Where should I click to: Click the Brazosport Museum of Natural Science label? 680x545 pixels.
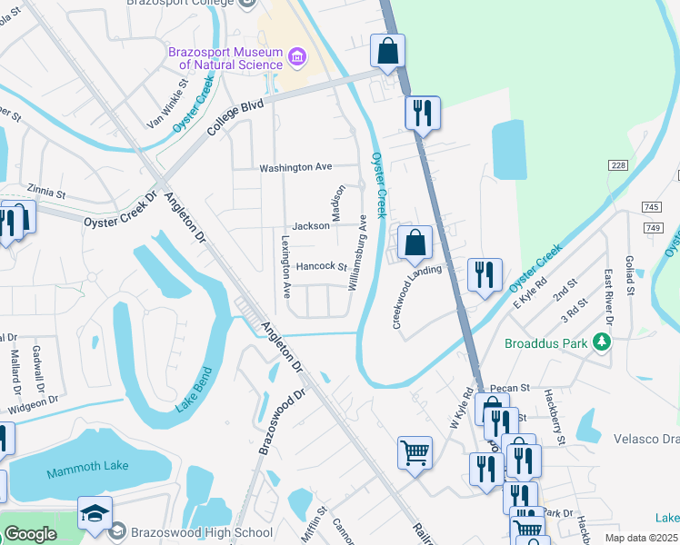225,58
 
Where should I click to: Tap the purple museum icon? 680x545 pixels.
295,59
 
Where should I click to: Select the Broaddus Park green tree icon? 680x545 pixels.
600,342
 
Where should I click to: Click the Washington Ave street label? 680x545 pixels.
295,167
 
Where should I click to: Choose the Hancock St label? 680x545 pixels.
321,266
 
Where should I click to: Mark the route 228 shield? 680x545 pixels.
619,164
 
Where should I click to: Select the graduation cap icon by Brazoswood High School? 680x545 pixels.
95,513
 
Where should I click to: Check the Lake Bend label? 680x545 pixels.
195,390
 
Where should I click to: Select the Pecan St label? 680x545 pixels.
513,388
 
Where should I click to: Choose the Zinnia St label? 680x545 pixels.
47,193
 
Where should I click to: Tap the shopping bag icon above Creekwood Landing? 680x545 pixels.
415,243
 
